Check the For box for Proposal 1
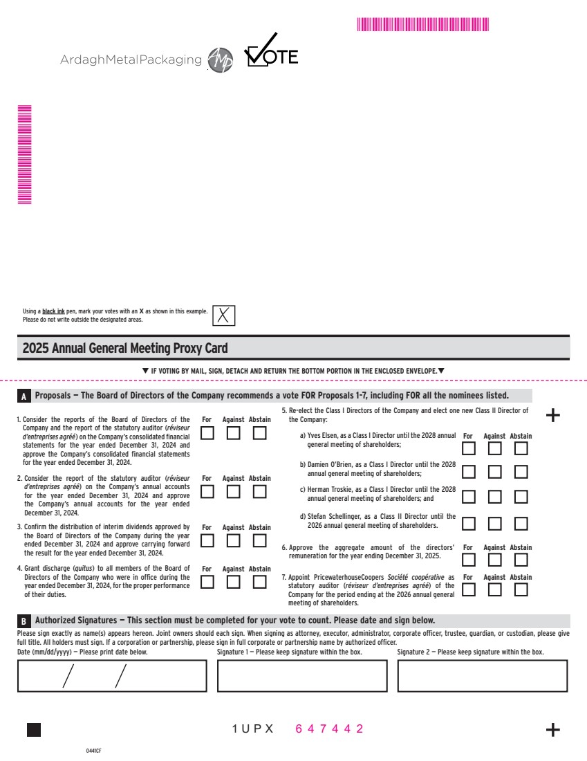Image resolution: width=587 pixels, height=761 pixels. pos(207,434)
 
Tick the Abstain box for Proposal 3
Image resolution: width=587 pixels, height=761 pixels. pos(259,541)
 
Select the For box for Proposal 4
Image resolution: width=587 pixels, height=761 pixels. pos(207,583)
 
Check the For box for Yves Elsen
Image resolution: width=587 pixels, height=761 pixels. pos(468,448)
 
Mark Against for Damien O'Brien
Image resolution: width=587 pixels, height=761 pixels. pos(494,473)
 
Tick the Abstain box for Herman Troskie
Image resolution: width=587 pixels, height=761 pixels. pos(521,497)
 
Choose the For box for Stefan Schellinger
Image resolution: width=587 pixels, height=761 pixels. pos(468,524)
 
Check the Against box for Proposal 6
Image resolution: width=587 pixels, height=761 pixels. pos(494,560)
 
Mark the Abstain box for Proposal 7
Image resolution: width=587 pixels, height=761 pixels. pos(521,590)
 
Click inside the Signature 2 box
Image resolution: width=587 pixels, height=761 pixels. pos(482,676)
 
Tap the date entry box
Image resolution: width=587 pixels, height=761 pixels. pos(112,676)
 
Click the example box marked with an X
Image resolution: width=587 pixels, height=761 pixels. pos(223,315)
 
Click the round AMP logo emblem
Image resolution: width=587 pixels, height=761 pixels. pos(221,60)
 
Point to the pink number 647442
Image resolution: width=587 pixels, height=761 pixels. pos(329,729)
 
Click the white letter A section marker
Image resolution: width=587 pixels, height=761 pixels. pos(24,397)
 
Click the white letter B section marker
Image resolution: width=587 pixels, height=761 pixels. pos(24,621)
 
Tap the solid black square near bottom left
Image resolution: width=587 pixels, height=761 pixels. pos(33,730)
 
